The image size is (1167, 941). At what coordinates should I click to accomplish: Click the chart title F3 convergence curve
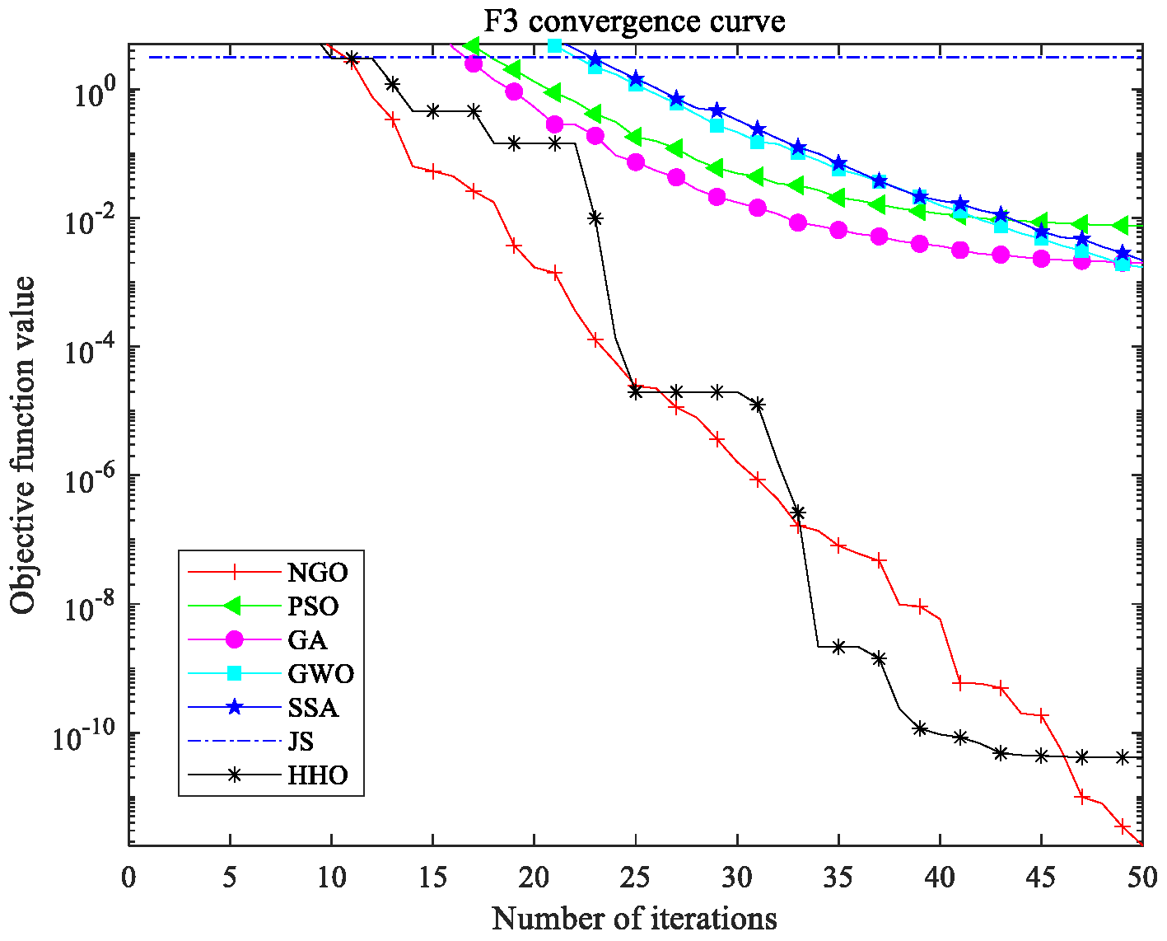634,21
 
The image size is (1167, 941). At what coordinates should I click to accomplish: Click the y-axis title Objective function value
24,445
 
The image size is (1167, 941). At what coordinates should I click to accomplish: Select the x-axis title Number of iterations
634,917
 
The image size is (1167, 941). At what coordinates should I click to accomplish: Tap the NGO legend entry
318,573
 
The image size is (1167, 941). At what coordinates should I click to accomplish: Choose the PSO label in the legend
314,606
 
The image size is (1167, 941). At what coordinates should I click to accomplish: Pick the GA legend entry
307,640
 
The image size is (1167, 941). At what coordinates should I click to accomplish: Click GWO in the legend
320,674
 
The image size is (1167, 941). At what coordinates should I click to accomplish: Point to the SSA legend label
313,708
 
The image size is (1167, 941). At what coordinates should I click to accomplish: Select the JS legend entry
301,742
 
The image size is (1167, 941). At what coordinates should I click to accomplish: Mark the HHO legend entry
318,775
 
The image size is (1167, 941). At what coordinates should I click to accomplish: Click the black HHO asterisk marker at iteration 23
595,218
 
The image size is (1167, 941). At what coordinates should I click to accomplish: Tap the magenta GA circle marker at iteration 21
554,124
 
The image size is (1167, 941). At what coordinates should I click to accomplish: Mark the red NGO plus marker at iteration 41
959,683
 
